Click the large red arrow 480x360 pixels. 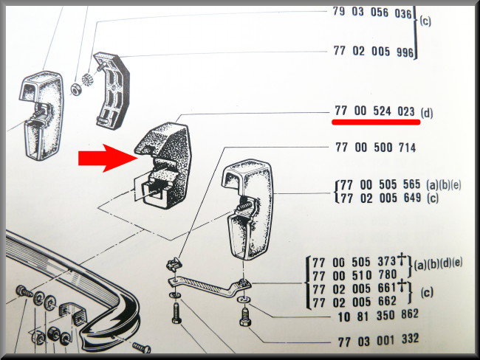pos(108,158)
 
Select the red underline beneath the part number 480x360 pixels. pos(376,122)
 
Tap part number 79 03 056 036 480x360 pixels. pos(372,13)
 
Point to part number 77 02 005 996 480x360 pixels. pos(374,51)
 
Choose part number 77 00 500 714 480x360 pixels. pos(376,148)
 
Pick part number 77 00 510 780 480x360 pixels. pos(354,276)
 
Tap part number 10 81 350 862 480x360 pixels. pos(378,316)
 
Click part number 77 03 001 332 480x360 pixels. pos(378,340)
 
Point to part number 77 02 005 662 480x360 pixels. pos(354,302)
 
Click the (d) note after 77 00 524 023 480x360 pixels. pos(427,114)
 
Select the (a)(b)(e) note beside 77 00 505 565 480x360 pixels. pos(443,185)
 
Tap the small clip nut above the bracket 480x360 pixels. pos(174,265)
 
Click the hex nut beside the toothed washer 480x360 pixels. pos(76,89)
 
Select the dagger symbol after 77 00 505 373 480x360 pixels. pos(402,260)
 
